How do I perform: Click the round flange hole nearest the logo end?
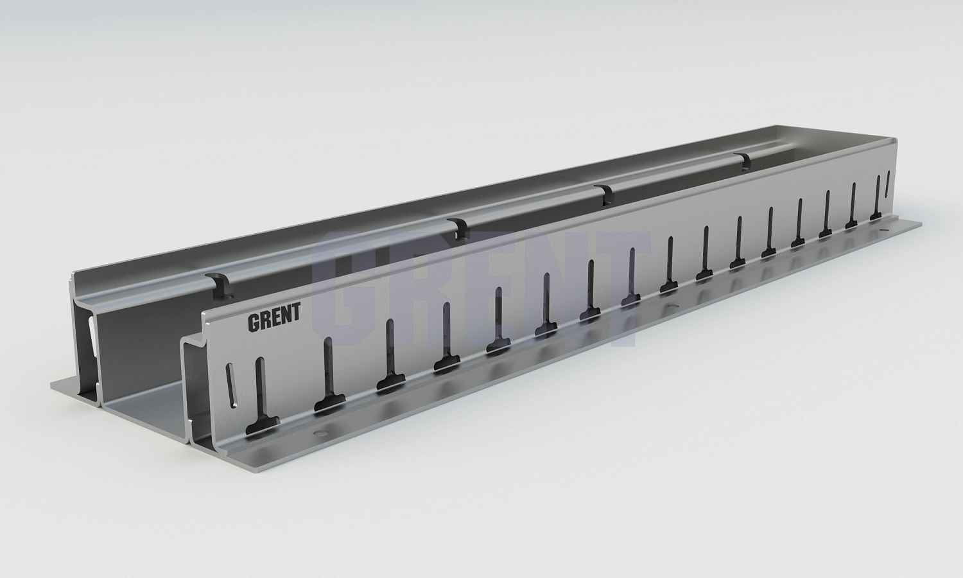pyautogui.click(x=321, y=432)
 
